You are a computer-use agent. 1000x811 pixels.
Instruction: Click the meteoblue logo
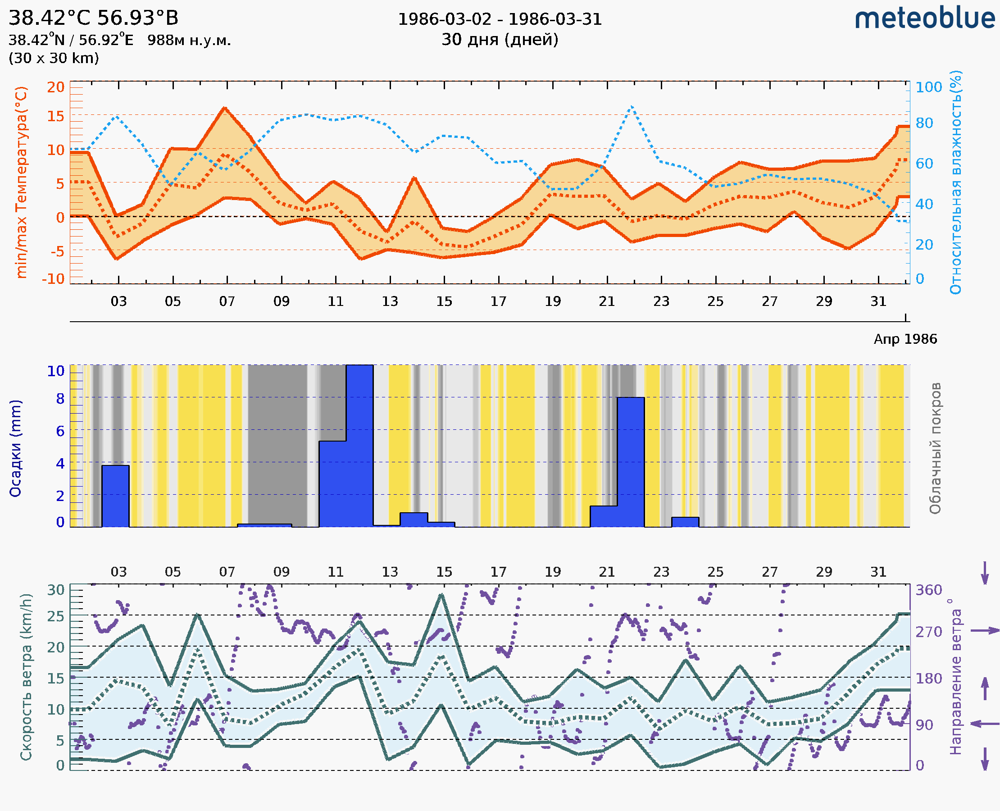(x=925, y=18)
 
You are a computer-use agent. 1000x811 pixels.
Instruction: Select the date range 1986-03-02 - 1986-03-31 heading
(x=500, y=19)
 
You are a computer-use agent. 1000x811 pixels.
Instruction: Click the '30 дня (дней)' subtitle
(x=500, y=40)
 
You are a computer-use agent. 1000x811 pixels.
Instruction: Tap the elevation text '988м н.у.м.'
(x=189, y=40)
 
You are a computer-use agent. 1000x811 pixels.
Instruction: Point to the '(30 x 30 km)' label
(x=54, y=59)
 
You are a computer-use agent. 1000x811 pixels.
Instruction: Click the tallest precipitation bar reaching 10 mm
(x=359, y=446)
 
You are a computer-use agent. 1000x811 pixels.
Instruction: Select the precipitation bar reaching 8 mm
(x=631, y=462)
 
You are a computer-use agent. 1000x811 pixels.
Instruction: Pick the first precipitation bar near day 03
(x=115, y=496)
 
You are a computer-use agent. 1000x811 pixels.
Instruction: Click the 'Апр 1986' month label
(x=905, y=339)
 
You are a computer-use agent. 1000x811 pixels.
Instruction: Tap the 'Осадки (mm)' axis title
(x=15, y=448)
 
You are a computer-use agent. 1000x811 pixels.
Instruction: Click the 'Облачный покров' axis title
(x=935, y=448)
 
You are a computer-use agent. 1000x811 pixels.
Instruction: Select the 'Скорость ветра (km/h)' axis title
(x=26, y=677)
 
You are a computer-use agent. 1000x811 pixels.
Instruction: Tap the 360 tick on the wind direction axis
(x=928, y=590)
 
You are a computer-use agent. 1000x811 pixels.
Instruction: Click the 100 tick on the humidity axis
(x=928, y=87)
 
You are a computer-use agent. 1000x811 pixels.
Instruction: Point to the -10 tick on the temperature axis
(x=53, y=279)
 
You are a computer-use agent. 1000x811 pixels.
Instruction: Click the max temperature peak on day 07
(x=225, y=109)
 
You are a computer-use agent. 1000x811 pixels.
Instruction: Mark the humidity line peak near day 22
(x=632, y=107)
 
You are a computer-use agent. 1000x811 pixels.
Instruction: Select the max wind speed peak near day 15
(x=441, y=595)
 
